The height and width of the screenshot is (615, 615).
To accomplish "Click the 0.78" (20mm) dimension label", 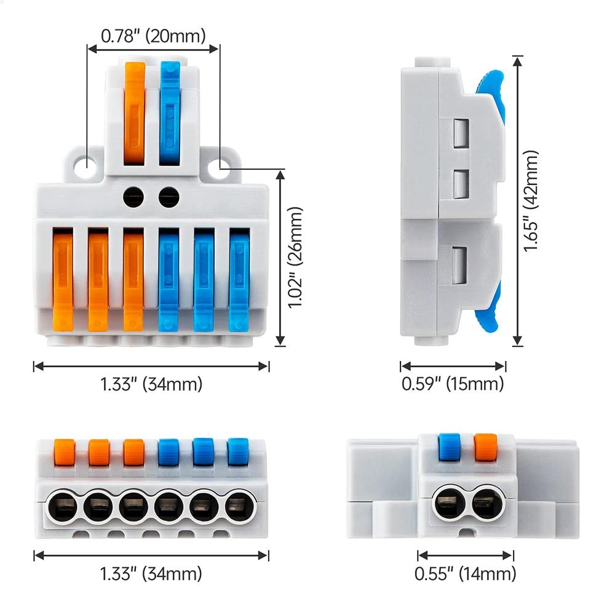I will click(x=153, y=36).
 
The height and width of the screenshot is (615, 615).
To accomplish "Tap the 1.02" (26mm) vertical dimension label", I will click(x=296, y=258).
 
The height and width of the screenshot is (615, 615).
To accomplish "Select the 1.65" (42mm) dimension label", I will click(x=533, y=200).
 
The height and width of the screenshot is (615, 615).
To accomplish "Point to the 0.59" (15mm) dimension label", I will click(x=453, y=384).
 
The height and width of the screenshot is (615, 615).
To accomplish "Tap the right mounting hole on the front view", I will click(x=219, y=164).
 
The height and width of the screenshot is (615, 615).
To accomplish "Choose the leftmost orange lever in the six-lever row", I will click(x=63, y=280).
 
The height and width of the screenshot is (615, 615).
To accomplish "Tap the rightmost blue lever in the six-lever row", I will click(x=239, y=280).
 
